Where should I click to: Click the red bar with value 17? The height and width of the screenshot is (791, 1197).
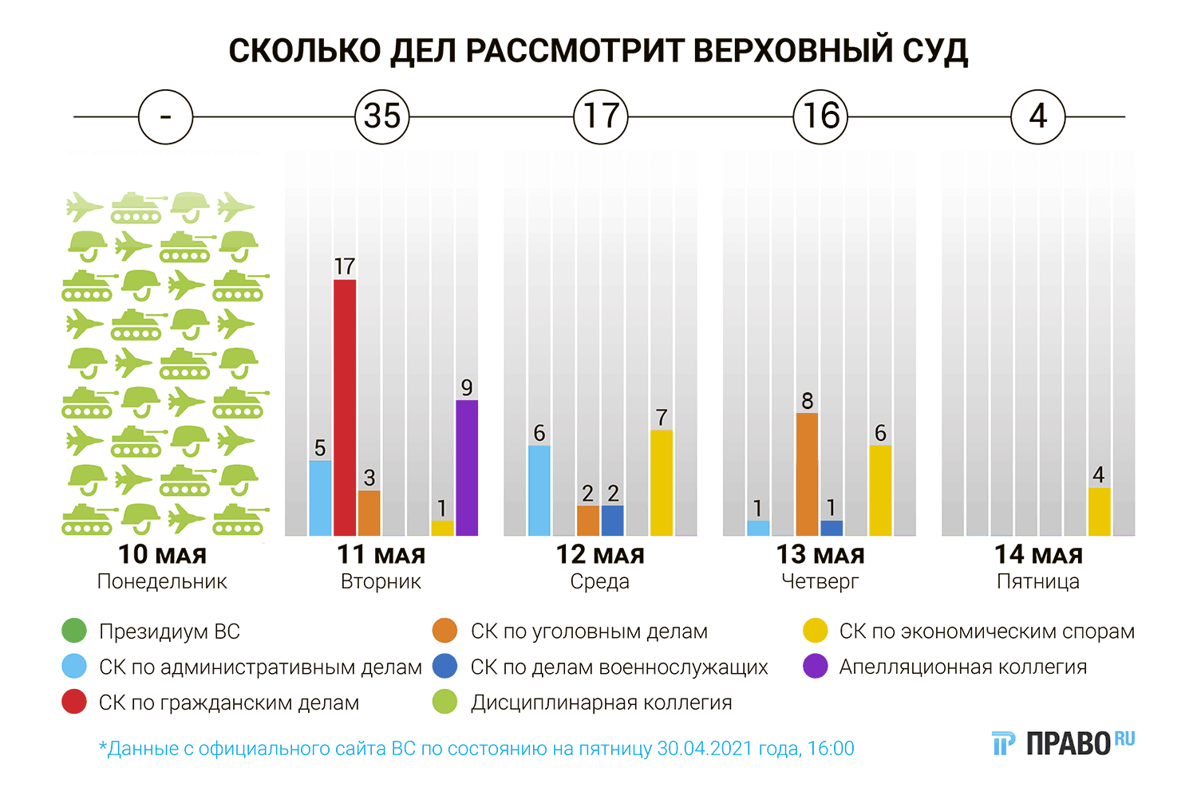[x=345, y=407]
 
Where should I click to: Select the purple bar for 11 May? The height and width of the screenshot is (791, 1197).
[x=467, y=467]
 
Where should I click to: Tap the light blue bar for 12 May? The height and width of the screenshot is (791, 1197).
[x=539, y=490]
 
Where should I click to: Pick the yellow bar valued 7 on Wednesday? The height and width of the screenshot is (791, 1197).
[x=662, y=482]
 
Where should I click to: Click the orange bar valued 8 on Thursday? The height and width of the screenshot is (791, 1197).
[x=807, y=474]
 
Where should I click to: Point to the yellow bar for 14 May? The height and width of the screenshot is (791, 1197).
[x=1099, y=511]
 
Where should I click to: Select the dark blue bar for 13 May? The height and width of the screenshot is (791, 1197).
[x=832, y=528]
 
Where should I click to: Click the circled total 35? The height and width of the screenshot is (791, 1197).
[x=382, y=116]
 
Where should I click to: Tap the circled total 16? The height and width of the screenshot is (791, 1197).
[x=820, y=116]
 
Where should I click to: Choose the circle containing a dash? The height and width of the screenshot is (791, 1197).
[x=165, y=116]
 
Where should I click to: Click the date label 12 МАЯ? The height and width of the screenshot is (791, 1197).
[x=600, y=554]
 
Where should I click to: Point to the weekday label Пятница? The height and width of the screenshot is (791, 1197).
[x=1037, y=581]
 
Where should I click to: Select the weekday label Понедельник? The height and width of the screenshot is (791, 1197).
[x=162, y=581]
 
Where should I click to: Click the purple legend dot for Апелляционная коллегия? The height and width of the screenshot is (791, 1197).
[x=815, y=667]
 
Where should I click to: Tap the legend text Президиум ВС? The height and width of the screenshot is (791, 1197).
[x=169, y=632]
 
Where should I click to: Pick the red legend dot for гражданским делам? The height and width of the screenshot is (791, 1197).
[x=74, y=702]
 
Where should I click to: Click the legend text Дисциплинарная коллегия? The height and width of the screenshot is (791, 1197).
[x=601, y=702]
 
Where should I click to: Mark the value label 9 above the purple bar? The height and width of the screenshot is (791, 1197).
[x=467, y=388]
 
